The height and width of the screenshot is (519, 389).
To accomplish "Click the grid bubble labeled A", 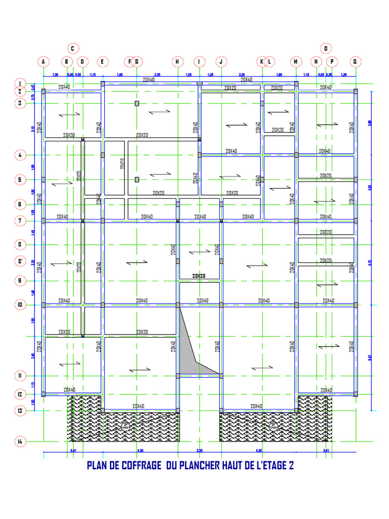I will [44, 62].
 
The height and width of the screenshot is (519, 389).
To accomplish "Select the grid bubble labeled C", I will [72, 49].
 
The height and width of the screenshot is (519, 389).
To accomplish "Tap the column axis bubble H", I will [178, 62].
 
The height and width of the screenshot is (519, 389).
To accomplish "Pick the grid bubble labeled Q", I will [356, 62].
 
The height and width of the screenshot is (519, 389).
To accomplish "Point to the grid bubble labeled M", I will [296, 62].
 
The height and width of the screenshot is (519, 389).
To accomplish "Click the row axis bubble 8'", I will [20, 262].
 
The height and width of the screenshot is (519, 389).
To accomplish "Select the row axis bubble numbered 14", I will [20, 441].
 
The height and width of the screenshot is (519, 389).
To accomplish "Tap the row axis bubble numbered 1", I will [20, 84].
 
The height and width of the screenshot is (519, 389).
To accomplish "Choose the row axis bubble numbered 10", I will [20, 305].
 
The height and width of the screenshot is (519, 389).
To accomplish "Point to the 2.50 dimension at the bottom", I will [200, 451].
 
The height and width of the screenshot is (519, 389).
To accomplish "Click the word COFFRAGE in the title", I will [137, 465].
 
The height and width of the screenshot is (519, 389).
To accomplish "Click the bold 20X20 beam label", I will [199, 276].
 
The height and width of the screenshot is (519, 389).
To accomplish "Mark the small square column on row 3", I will [137, 103].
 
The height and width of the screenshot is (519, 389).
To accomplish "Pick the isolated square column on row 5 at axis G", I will [137, 179].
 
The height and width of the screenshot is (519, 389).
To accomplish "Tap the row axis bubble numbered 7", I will [20, 220].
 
